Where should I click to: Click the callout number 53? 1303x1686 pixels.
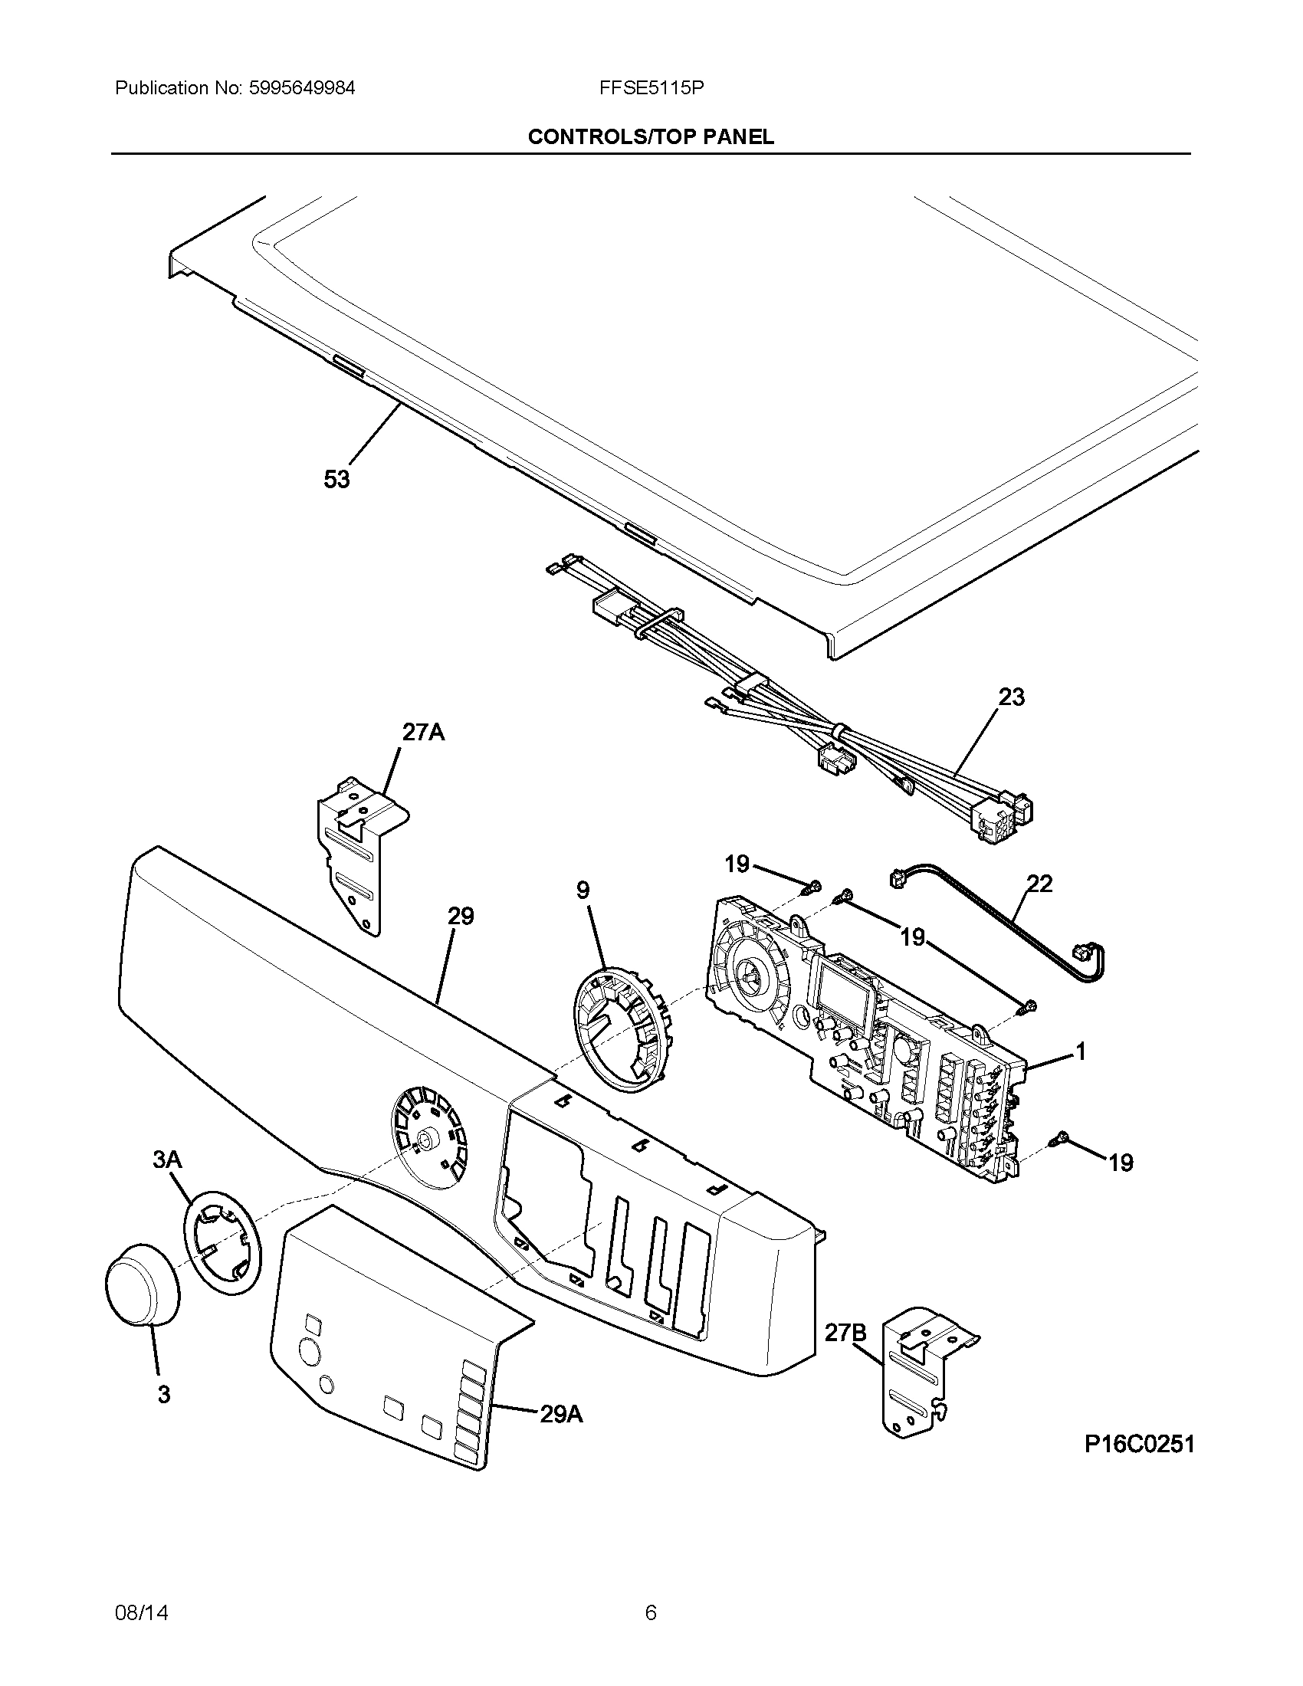336,480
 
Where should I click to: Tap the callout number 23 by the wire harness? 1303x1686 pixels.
1011,697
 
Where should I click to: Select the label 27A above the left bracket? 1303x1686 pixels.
423,731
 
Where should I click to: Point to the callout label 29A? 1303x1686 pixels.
561,1414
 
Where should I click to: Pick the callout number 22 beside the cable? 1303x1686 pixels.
1040,883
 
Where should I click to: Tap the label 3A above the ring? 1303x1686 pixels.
168,1181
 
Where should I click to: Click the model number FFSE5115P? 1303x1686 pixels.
651,88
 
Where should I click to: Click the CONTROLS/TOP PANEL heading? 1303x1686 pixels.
651,137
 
